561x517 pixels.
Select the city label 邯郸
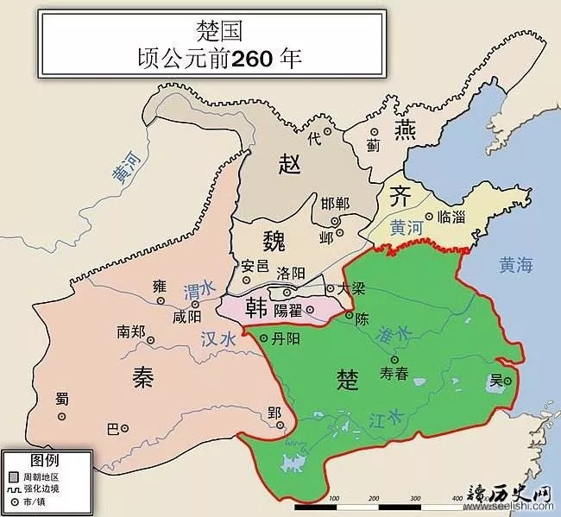335,204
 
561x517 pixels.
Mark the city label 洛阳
291,273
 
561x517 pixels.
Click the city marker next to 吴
508,381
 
